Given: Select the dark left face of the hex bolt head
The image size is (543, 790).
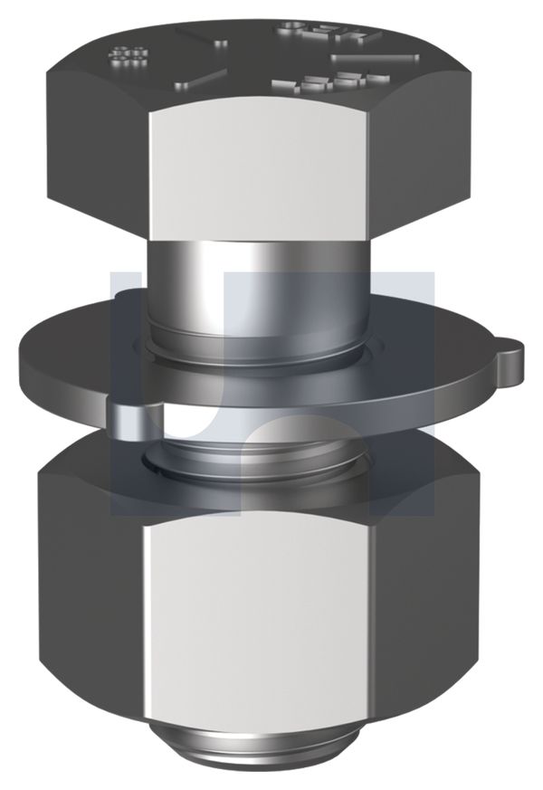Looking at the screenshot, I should point(95,154).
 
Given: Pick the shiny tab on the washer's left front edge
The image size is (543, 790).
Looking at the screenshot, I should point(131,417).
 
